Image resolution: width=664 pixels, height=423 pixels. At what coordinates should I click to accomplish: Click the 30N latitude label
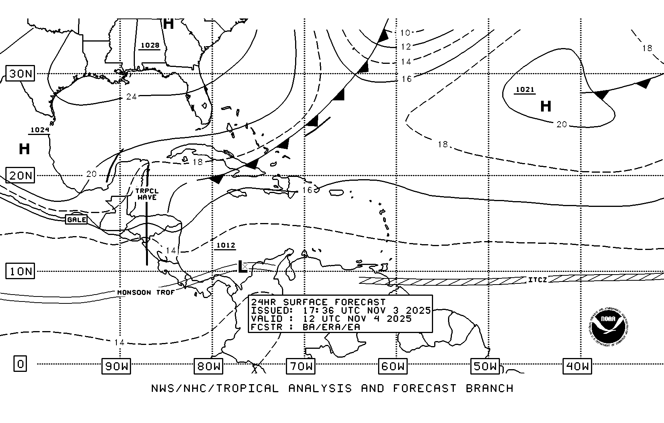pos(20,73)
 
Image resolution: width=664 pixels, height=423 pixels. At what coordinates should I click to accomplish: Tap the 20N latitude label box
pos(20,176)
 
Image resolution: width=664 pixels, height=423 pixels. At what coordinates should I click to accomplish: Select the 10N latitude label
pos(20,271)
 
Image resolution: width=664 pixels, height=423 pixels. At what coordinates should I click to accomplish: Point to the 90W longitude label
pos(116,366)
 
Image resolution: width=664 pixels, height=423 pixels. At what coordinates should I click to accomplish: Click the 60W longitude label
pos(393,366)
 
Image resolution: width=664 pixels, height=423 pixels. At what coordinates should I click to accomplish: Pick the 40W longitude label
pos(577,366)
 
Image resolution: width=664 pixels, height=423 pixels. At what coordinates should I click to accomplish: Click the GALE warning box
pos(76,220)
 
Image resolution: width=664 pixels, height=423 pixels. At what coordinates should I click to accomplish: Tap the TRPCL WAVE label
pos(147,194)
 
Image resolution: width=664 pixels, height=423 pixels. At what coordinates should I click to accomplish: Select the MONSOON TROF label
pos(146,292)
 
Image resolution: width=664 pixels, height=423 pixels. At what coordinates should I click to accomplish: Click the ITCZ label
pos(537,280)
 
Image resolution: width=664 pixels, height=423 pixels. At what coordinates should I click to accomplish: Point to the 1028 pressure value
pos(150,45)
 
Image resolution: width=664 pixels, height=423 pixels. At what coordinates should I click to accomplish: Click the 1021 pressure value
pos(525,90)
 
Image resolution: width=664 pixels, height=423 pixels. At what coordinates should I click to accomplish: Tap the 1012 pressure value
pos(226,245)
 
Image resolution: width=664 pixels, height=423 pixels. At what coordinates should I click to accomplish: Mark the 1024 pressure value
pos(40,130)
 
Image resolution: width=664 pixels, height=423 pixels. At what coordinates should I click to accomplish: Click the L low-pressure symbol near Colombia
pos(242,266)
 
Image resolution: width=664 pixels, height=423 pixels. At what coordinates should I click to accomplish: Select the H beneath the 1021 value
pos(546,106)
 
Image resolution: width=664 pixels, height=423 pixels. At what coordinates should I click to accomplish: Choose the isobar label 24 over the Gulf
pos(131,97)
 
